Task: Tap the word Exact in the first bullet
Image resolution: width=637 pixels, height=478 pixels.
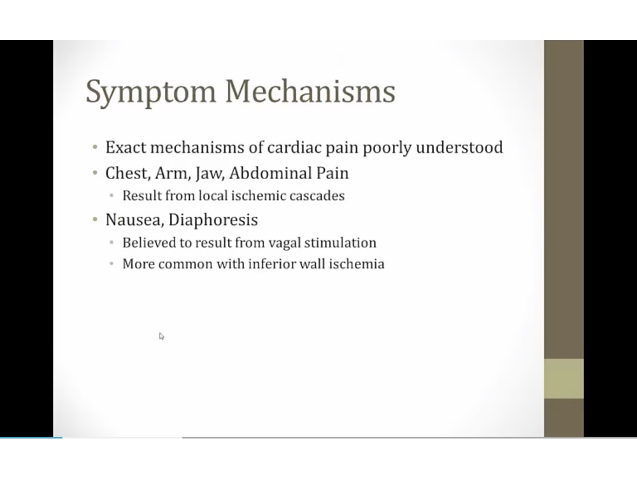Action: (125, 148)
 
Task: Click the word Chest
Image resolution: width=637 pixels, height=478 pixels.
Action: (126, 173)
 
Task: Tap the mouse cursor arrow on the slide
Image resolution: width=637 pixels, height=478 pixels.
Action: (161, 336)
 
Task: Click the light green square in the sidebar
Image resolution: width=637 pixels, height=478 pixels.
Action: (564, 379)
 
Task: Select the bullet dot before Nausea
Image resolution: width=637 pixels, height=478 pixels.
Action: (94, 221)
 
